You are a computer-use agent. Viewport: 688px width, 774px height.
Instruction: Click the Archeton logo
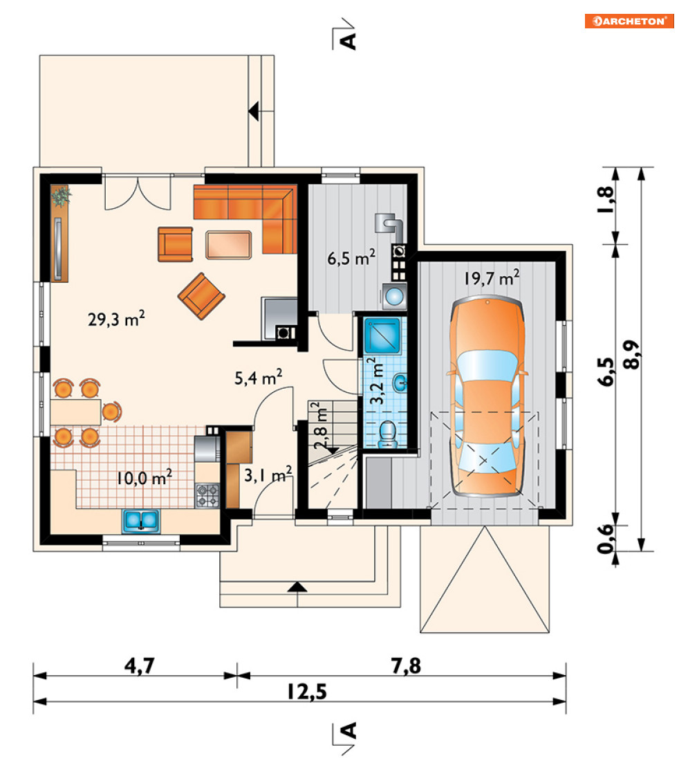[x=629, y=21]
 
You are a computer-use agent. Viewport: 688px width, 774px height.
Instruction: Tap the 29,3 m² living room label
[x=116, y=319]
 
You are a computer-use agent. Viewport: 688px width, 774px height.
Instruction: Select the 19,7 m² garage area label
[x=491, y=278]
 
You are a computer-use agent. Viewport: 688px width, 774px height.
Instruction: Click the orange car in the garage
[x=487, y=396]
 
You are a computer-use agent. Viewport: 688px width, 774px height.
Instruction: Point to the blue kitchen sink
[x=141, y=522]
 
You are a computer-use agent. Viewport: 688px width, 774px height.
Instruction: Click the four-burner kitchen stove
[x=207, y=496]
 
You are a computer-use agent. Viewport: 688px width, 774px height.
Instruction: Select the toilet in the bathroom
[x=388, y=434]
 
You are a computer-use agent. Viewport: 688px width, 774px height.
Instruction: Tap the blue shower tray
[x=382, y=335]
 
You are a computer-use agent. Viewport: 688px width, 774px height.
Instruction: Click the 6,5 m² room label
[x=351, y=258]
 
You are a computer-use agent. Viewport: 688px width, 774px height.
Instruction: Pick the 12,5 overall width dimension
[x=307, y=692]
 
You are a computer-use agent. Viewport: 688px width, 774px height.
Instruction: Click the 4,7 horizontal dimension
[x=139, y=665]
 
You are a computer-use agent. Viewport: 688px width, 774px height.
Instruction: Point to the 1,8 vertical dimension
[x=606, y=199]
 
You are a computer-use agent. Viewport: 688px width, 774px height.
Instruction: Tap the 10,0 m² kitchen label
[x=144, y=477]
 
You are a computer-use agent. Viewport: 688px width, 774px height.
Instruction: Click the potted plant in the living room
[x=62, y=196]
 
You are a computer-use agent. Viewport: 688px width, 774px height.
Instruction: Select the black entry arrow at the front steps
[x=297, y=587]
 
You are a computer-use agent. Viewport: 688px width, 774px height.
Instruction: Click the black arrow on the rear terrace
[x=254, y=111]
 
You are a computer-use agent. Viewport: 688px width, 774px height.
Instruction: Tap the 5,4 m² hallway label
[x=258, y=378]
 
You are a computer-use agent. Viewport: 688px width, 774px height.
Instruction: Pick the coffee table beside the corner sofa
[x=228, y=244]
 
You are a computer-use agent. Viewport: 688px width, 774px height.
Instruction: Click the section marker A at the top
[x=349, y=42]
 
